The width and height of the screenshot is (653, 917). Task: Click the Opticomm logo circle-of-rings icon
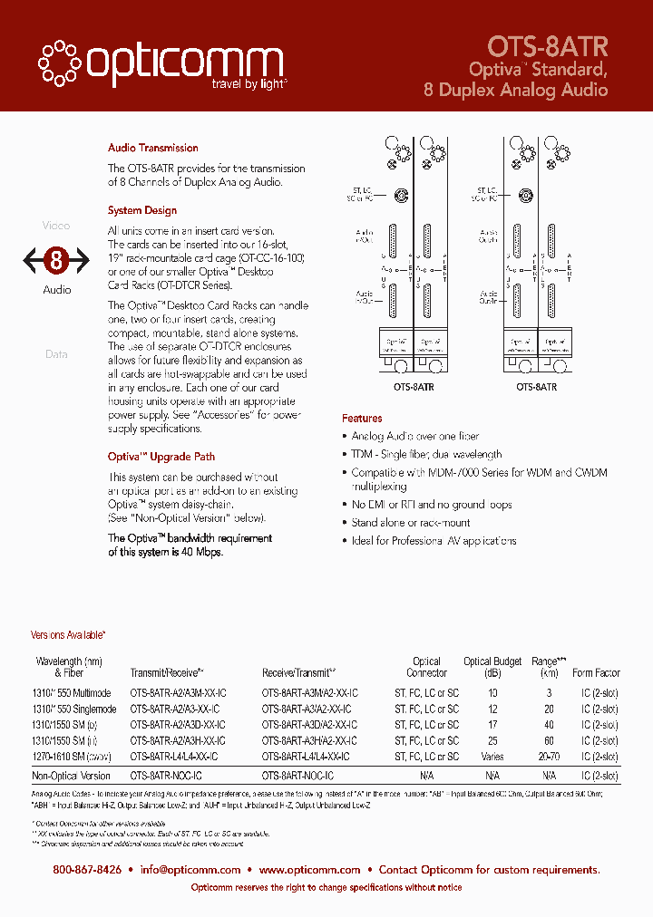coord(59,60)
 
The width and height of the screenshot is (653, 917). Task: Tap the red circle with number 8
coord(56,261)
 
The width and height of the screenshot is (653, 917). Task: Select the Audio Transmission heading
coord(152,148)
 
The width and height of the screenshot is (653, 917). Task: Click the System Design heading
coord(142,210)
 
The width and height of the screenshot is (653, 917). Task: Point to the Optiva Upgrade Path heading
coord(161,457)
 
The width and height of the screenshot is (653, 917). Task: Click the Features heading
coord(362,419)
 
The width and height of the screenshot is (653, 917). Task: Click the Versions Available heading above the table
coord(69,635)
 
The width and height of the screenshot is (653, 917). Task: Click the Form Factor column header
coord(596,673)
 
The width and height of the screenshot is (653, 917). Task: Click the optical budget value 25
coord(492,740)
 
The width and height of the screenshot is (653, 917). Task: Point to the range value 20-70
coord(549,757)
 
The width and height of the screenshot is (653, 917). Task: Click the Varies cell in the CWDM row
coord(492,757)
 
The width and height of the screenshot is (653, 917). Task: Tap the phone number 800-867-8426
coord(87,869)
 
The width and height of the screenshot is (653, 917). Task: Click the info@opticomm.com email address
coord(190,869)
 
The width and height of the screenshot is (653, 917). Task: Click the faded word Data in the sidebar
coord(56,354)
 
